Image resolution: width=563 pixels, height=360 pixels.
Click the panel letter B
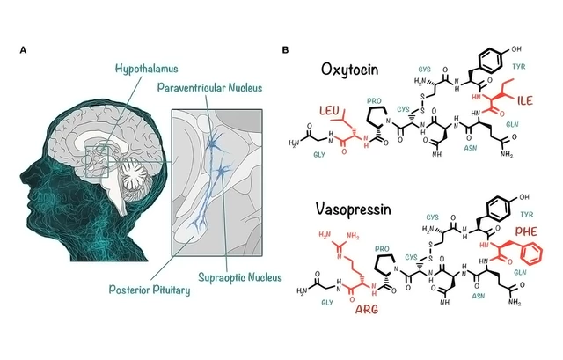click(284, 50)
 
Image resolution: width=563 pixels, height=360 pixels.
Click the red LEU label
click(330, 109)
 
